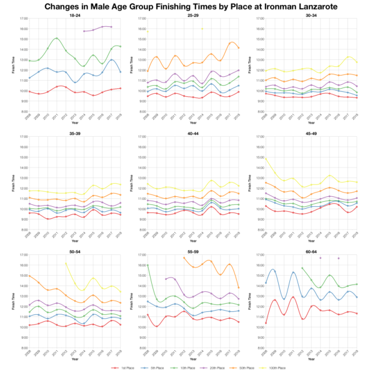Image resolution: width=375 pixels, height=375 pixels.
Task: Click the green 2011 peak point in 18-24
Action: (57, 38)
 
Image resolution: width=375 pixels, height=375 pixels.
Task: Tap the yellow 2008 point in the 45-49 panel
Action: (266, 158)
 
